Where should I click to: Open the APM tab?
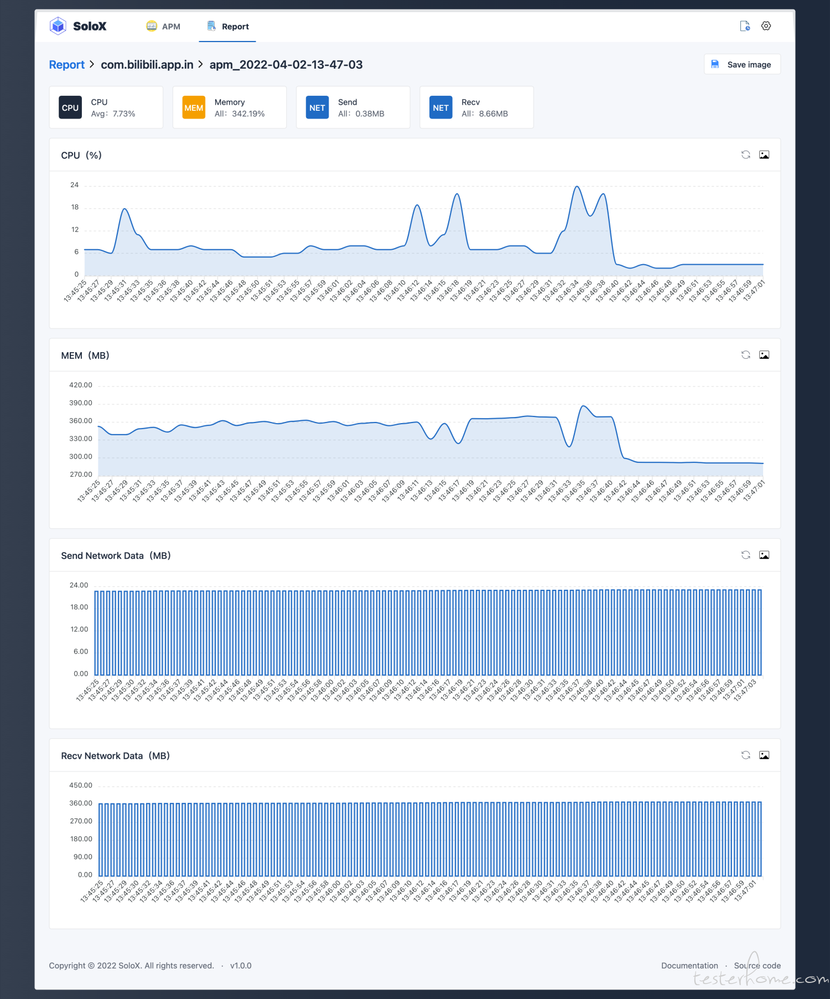point(163,27)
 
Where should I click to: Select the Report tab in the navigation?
point(228,27)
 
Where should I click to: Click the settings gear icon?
point(766,26)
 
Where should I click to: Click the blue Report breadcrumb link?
point(66,65)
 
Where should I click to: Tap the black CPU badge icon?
point(70,107)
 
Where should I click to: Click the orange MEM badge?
point(194,107)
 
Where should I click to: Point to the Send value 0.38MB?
point(370,114)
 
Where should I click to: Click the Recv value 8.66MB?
point(493,114)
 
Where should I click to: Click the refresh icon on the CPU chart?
point(745,155)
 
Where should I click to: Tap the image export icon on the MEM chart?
point(764,355)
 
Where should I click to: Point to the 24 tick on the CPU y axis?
point(74,185)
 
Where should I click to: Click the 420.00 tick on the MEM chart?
point(81,385)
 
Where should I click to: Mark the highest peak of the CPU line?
point(577,187)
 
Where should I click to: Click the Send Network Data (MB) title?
point(116,555)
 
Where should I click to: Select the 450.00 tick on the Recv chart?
point(81,785)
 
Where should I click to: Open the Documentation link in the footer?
point(689,965)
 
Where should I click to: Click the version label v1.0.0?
point(241,965)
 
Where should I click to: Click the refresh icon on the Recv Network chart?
point(745,755)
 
